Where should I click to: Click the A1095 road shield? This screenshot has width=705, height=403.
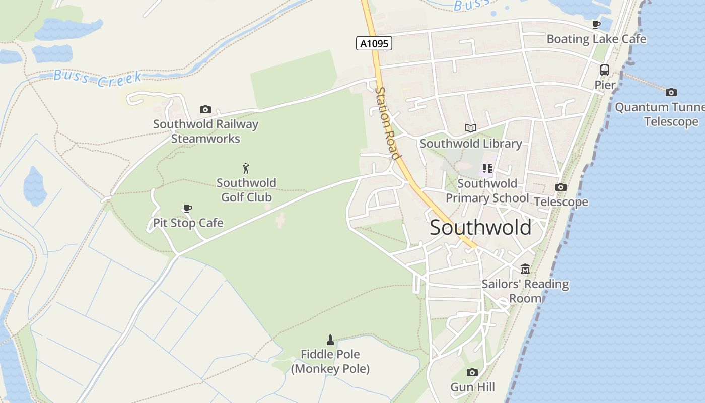pos(374,43)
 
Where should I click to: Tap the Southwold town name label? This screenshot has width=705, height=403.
pos(480,228)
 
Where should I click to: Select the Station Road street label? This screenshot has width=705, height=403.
pos(388,123)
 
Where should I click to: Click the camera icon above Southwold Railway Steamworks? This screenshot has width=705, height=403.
pos(205,109)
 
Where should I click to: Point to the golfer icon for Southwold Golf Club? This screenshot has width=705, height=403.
pos(246,168)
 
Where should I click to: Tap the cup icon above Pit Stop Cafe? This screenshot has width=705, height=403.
pos(188,208)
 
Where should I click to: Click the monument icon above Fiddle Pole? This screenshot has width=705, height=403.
pos(330,340)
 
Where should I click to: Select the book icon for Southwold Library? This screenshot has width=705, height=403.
pos(470,128)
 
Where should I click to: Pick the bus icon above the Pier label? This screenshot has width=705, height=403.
pos(605,70)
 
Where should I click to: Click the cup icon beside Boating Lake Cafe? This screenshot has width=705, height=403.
pos(596,24)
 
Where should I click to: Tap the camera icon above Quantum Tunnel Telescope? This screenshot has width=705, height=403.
pos(671,92)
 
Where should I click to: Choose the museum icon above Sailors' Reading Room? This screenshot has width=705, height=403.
pos(525,268)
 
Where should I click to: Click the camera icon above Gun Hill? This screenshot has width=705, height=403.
pos(472,372)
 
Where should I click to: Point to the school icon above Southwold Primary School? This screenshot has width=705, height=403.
pos(487,169)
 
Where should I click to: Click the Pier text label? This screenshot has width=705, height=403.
pos(605,85)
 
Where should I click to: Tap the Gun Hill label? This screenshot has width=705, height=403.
pos(472,387)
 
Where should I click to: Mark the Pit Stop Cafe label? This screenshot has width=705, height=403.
pos(188,223)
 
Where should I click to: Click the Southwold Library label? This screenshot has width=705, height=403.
pos(470,144)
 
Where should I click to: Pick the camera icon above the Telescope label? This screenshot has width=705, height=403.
pos(560,187)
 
